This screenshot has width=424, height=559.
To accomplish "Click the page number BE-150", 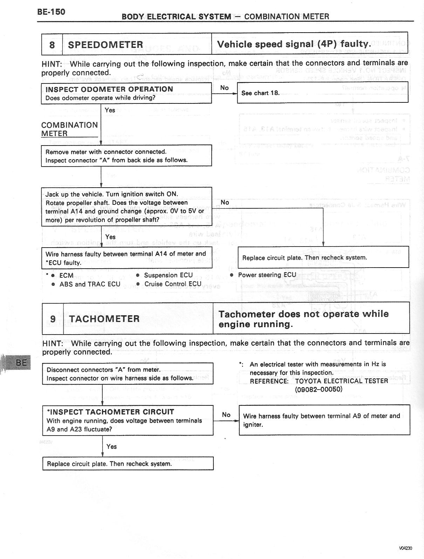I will click(x=51, y=12).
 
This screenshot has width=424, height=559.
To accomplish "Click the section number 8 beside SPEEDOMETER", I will click(x=52, y=45).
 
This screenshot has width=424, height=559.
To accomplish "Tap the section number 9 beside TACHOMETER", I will click(x=53, y=319).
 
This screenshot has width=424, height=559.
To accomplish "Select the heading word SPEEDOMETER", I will click(x=105, y=45).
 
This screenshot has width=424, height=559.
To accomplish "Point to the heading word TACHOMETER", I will click(x=104, y=319).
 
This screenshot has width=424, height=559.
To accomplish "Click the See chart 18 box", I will click(x=322, y=93).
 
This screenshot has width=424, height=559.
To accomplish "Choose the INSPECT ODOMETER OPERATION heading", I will click(x=109, y=89).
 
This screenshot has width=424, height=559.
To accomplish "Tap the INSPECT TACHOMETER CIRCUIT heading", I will click(x=110, y=412).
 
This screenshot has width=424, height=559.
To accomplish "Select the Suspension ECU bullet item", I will click(x=168, y=275).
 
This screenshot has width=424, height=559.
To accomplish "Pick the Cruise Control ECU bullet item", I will click(x=173, y=284).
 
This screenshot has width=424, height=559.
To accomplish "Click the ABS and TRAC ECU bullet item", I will click(x=90, y=284).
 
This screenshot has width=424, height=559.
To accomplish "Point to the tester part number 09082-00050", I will click(x=319, y=389).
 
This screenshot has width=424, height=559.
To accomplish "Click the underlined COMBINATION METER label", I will click(x=69, y=129).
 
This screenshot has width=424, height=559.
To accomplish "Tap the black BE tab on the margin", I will click(x=21, y=362).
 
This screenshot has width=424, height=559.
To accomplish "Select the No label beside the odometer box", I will click(x=224, y=88).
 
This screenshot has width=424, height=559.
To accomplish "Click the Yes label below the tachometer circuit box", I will click(x=111, y=446).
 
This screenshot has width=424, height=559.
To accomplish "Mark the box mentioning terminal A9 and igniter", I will click(x=324, y=420).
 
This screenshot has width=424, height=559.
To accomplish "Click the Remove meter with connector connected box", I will click(x=126, y=156).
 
